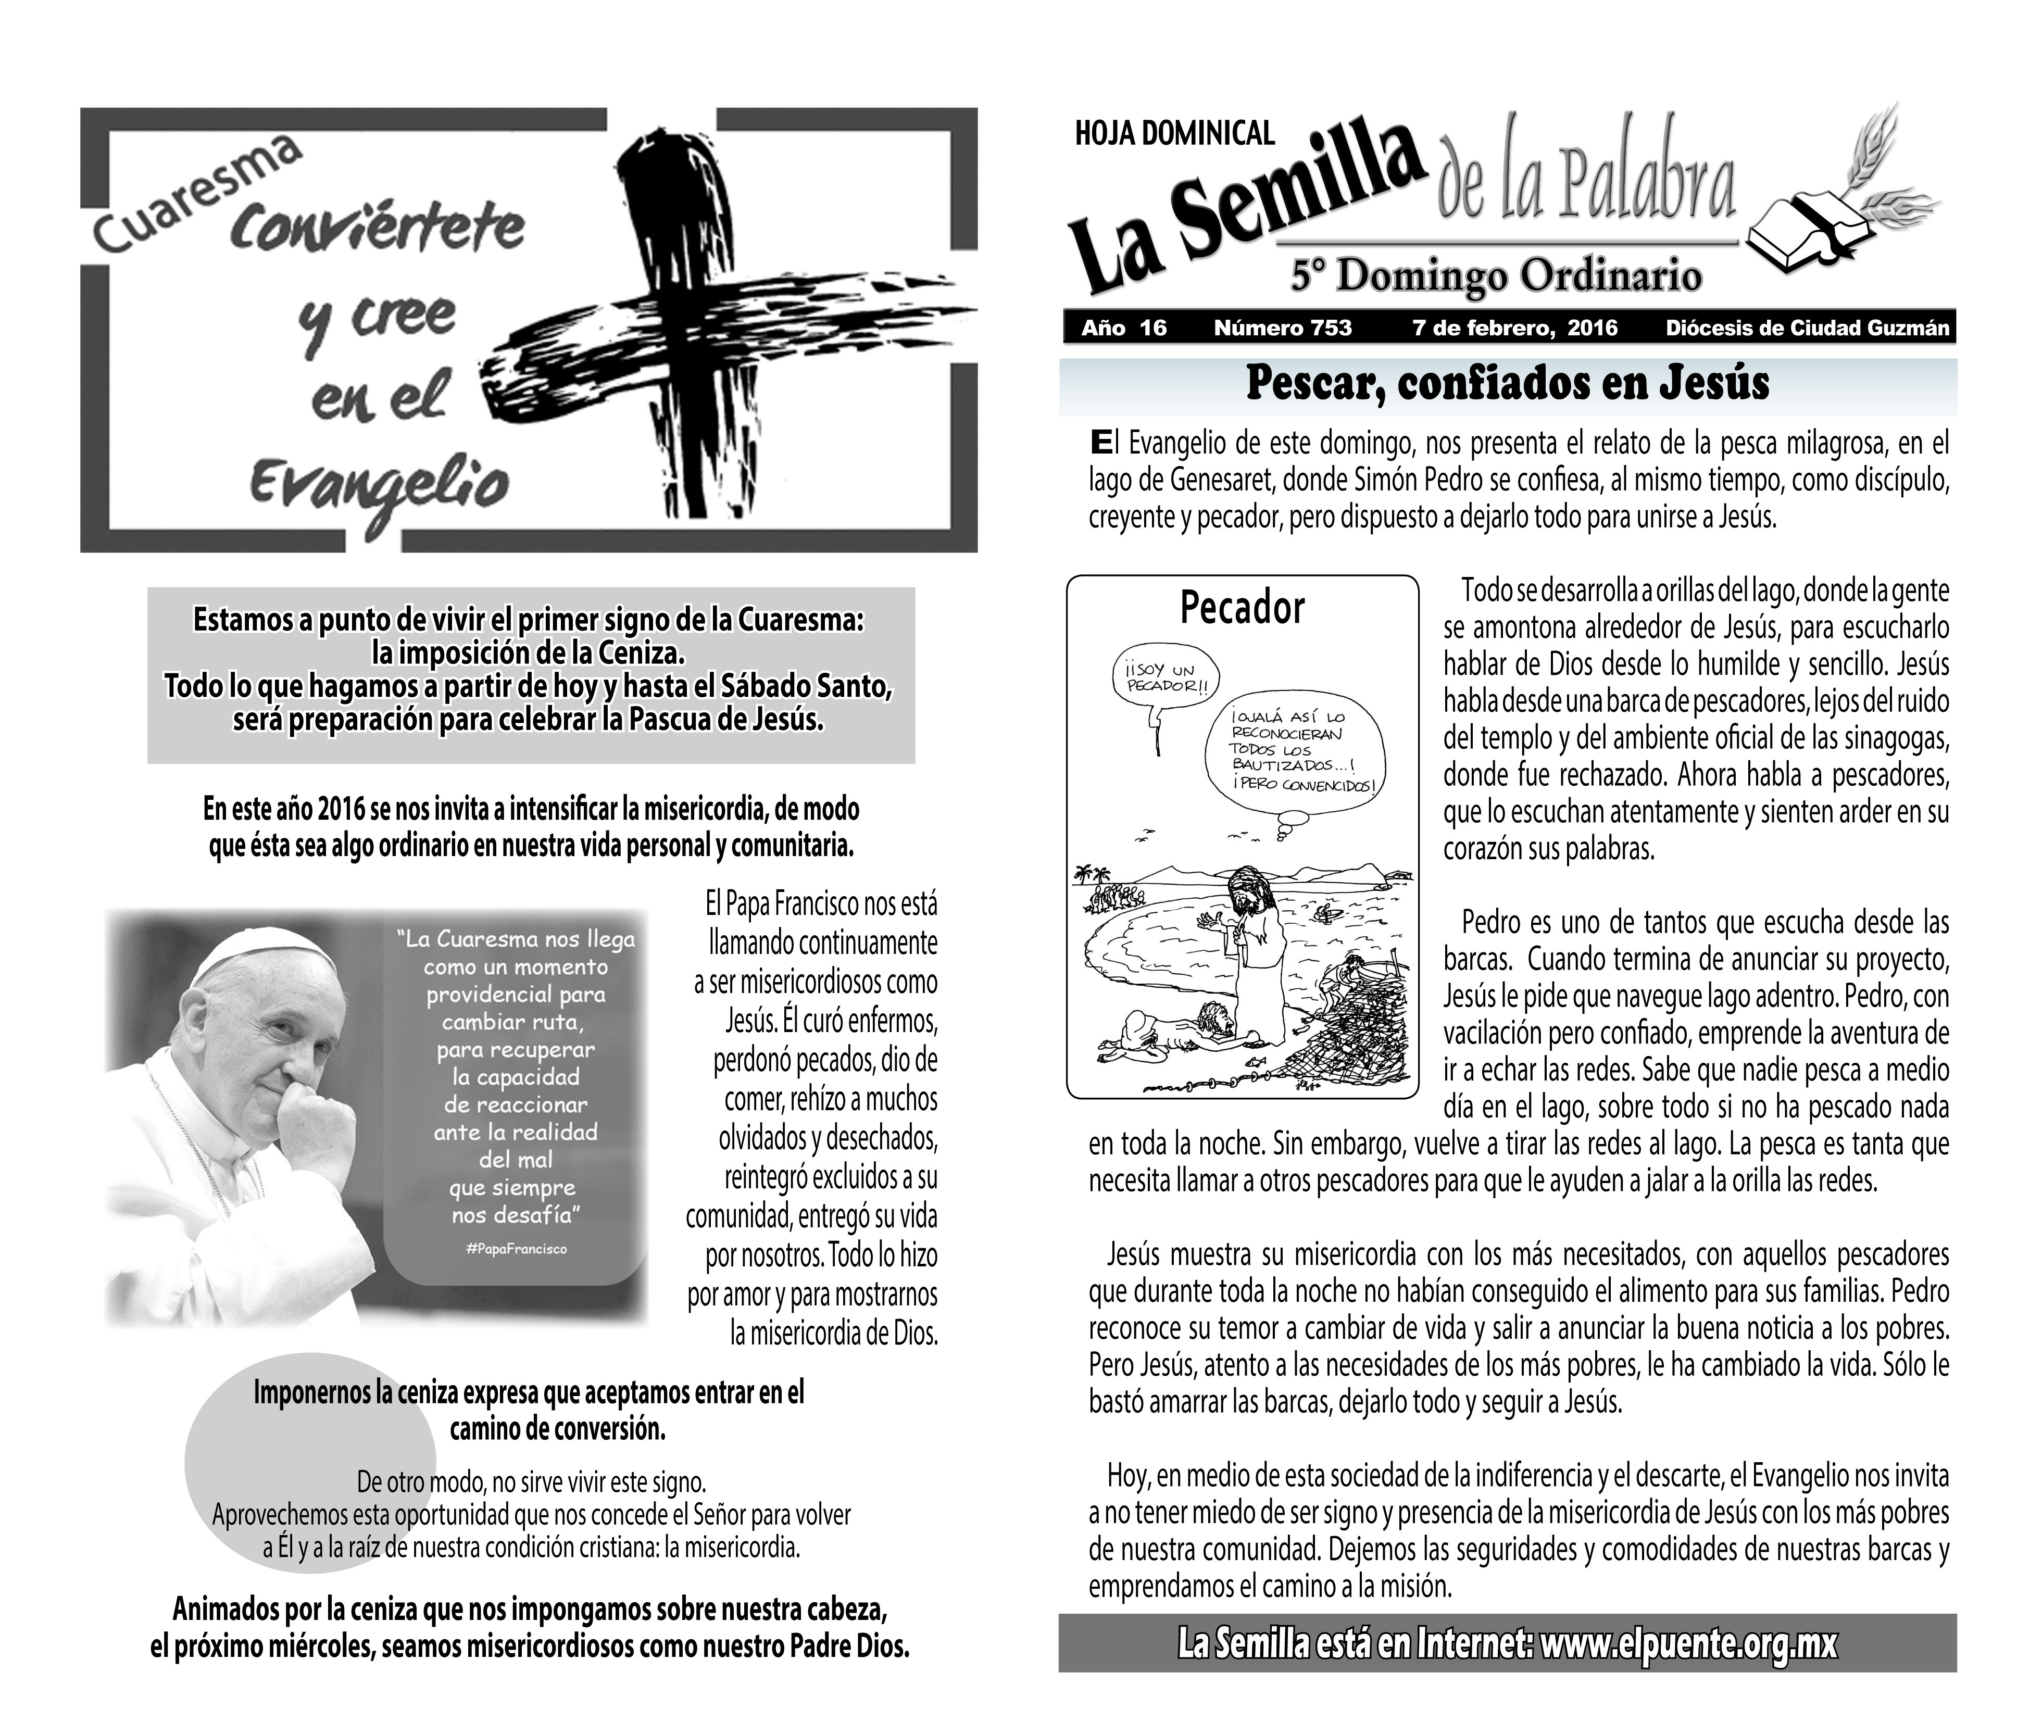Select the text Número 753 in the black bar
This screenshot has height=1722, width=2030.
pos(1282,328)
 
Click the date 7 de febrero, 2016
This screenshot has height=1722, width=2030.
pos(1514,328)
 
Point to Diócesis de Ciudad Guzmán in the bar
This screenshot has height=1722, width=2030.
pos(1808,328)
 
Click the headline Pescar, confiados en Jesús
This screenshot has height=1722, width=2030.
pos(1507,384)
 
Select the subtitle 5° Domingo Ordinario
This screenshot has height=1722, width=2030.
pos(1496,275)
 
